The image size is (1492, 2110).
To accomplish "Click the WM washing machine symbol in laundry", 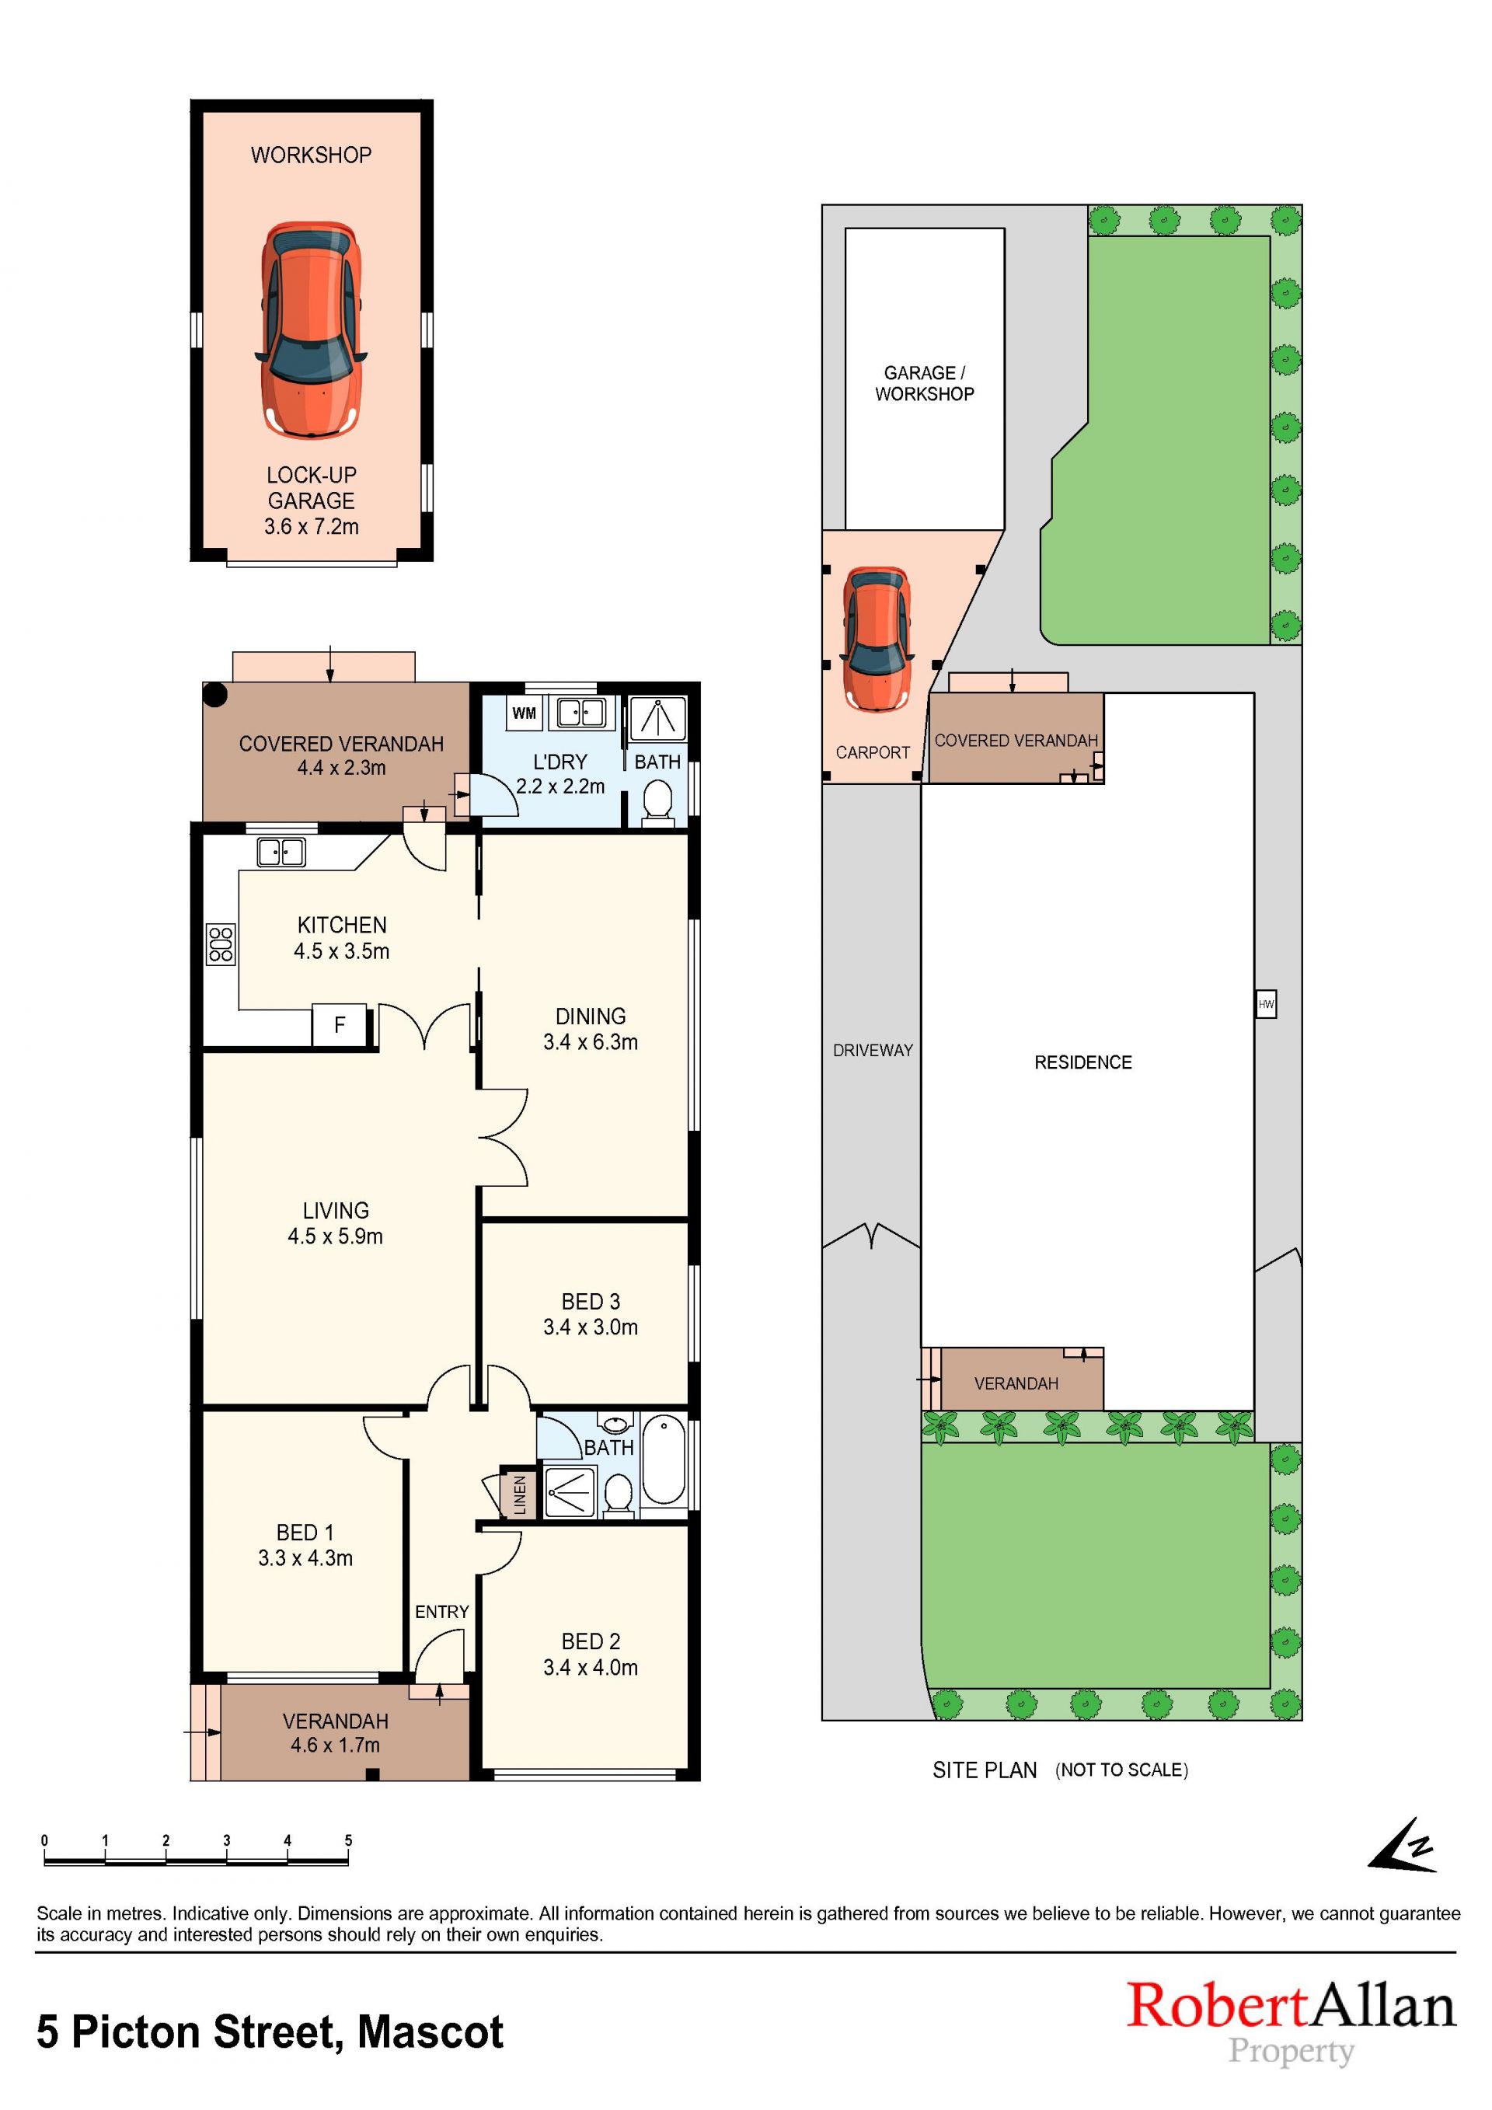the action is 524,713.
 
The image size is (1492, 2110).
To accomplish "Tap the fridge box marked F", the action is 339,1024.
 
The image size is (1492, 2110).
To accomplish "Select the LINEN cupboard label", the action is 519,1494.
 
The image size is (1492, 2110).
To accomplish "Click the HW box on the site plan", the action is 1266,1003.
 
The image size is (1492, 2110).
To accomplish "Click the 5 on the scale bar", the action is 348,1841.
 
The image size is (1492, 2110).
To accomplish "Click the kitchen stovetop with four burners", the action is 221,943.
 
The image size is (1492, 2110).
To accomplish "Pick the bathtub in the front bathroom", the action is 664,1461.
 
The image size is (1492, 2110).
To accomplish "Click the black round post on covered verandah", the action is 215,695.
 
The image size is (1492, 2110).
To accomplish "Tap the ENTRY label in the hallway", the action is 442,1612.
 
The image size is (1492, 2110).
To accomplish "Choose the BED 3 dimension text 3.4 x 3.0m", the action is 591,1327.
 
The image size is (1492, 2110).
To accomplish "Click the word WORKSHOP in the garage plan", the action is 312,155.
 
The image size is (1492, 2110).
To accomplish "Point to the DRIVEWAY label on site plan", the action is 873,1051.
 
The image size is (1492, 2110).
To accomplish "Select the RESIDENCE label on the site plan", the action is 1083,1062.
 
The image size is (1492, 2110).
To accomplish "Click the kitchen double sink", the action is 281,852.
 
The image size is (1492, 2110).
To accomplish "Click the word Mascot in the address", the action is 430,2032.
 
